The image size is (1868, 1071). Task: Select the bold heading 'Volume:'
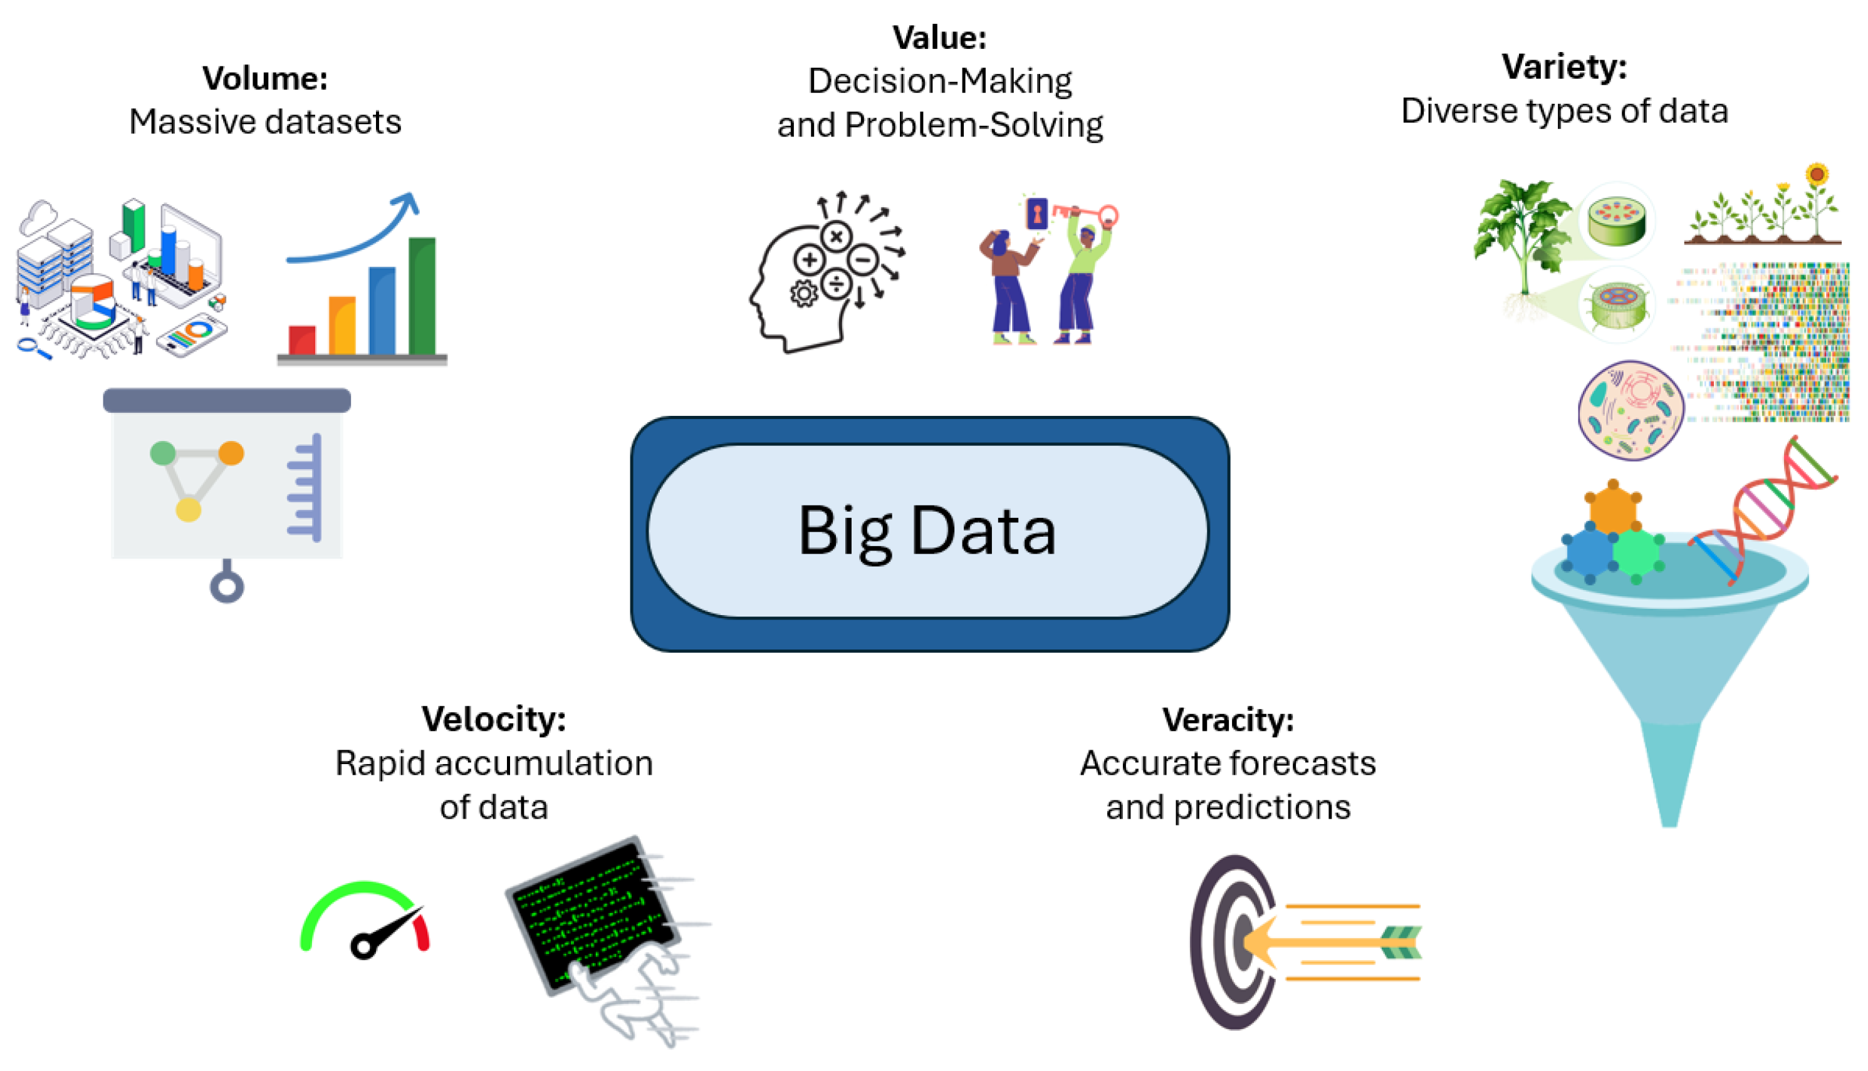(x=265, y=78)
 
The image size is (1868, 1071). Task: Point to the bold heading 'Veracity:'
(x=1228, y=720)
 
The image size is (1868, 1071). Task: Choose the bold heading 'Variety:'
(x=1564, y=67)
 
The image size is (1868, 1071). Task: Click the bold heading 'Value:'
(x=939, y=38)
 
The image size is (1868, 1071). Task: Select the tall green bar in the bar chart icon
(x=422, y=296)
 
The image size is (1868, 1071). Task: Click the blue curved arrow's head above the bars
(x=407, y=204)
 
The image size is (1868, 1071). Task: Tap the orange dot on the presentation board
(x=231, y=453)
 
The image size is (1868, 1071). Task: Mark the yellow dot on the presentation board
(x=189, y=509)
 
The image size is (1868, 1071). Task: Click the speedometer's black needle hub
(x=363, y=946)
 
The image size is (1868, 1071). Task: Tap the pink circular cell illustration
(x=1631, y=410)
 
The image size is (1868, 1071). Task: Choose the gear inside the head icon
(x=803, y=294)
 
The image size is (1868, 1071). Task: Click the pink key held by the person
(x=1089, y=214)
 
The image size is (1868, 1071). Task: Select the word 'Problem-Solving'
(x=973, y=125)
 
